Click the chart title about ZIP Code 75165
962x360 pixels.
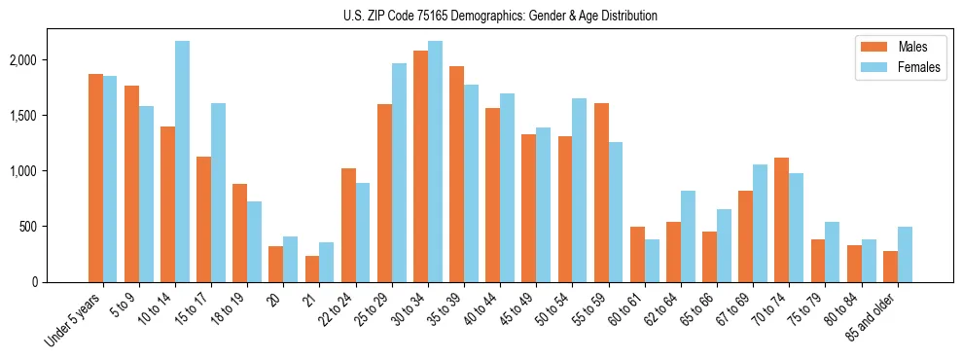[500, 16]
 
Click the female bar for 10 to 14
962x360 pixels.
[183, 162]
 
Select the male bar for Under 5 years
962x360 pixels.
[95, 178]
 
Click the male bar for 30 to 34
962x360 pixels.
[420, 166]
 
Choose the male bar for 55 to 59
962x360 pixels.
[601, 193]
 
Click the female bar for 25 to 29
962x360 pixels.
[399, 172]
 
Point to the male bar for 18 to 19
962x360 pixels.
[240, 233]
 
